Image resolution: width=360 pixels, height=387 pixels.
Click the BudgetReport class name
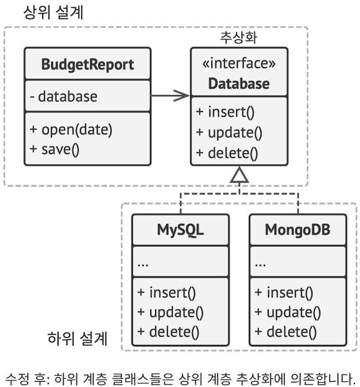pyautogui.click(x=87, y=64)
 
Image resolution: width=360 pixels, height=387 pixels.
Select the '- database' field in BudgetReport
pyautogui.click(x=64, y=97)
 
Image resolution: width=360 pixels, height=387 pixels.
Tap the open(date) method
pyautogui.click(x=71, y=129)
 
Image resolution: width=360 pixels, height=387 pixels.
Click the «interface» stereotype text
pyautogui.click(x=239, y=64)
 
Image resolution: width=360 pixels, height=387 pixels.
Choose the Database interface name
pyautogui.click(x=239, y=84)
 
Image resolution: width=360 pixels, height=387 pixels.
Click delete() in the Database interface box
pyautogui.click(x=226, y=153)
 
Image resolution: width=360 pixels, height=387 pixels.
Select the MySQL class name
pyautogui.click(x=180, y=230)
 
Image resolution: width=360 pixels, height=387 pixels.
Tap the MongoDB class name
pyautogui.click(x=297, y=230)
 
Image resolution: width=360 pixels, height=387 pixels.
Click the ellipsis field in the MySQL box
pyautogui.click(x=143, y=263)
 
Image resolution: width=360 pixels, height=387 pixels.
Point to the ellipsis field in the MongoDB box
pyautogui.click(x=260, y=263)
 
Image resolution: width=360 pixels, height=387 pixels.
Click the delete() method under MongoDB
pyautogui.click(x=286, y=331)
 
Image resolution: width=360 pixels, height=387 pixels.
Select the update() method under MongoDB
pyautogui.click(x=288, y=312)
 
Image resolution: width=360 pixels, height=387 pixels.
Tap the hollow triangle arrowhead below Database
pyautogui.click(x=240, y=174)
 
